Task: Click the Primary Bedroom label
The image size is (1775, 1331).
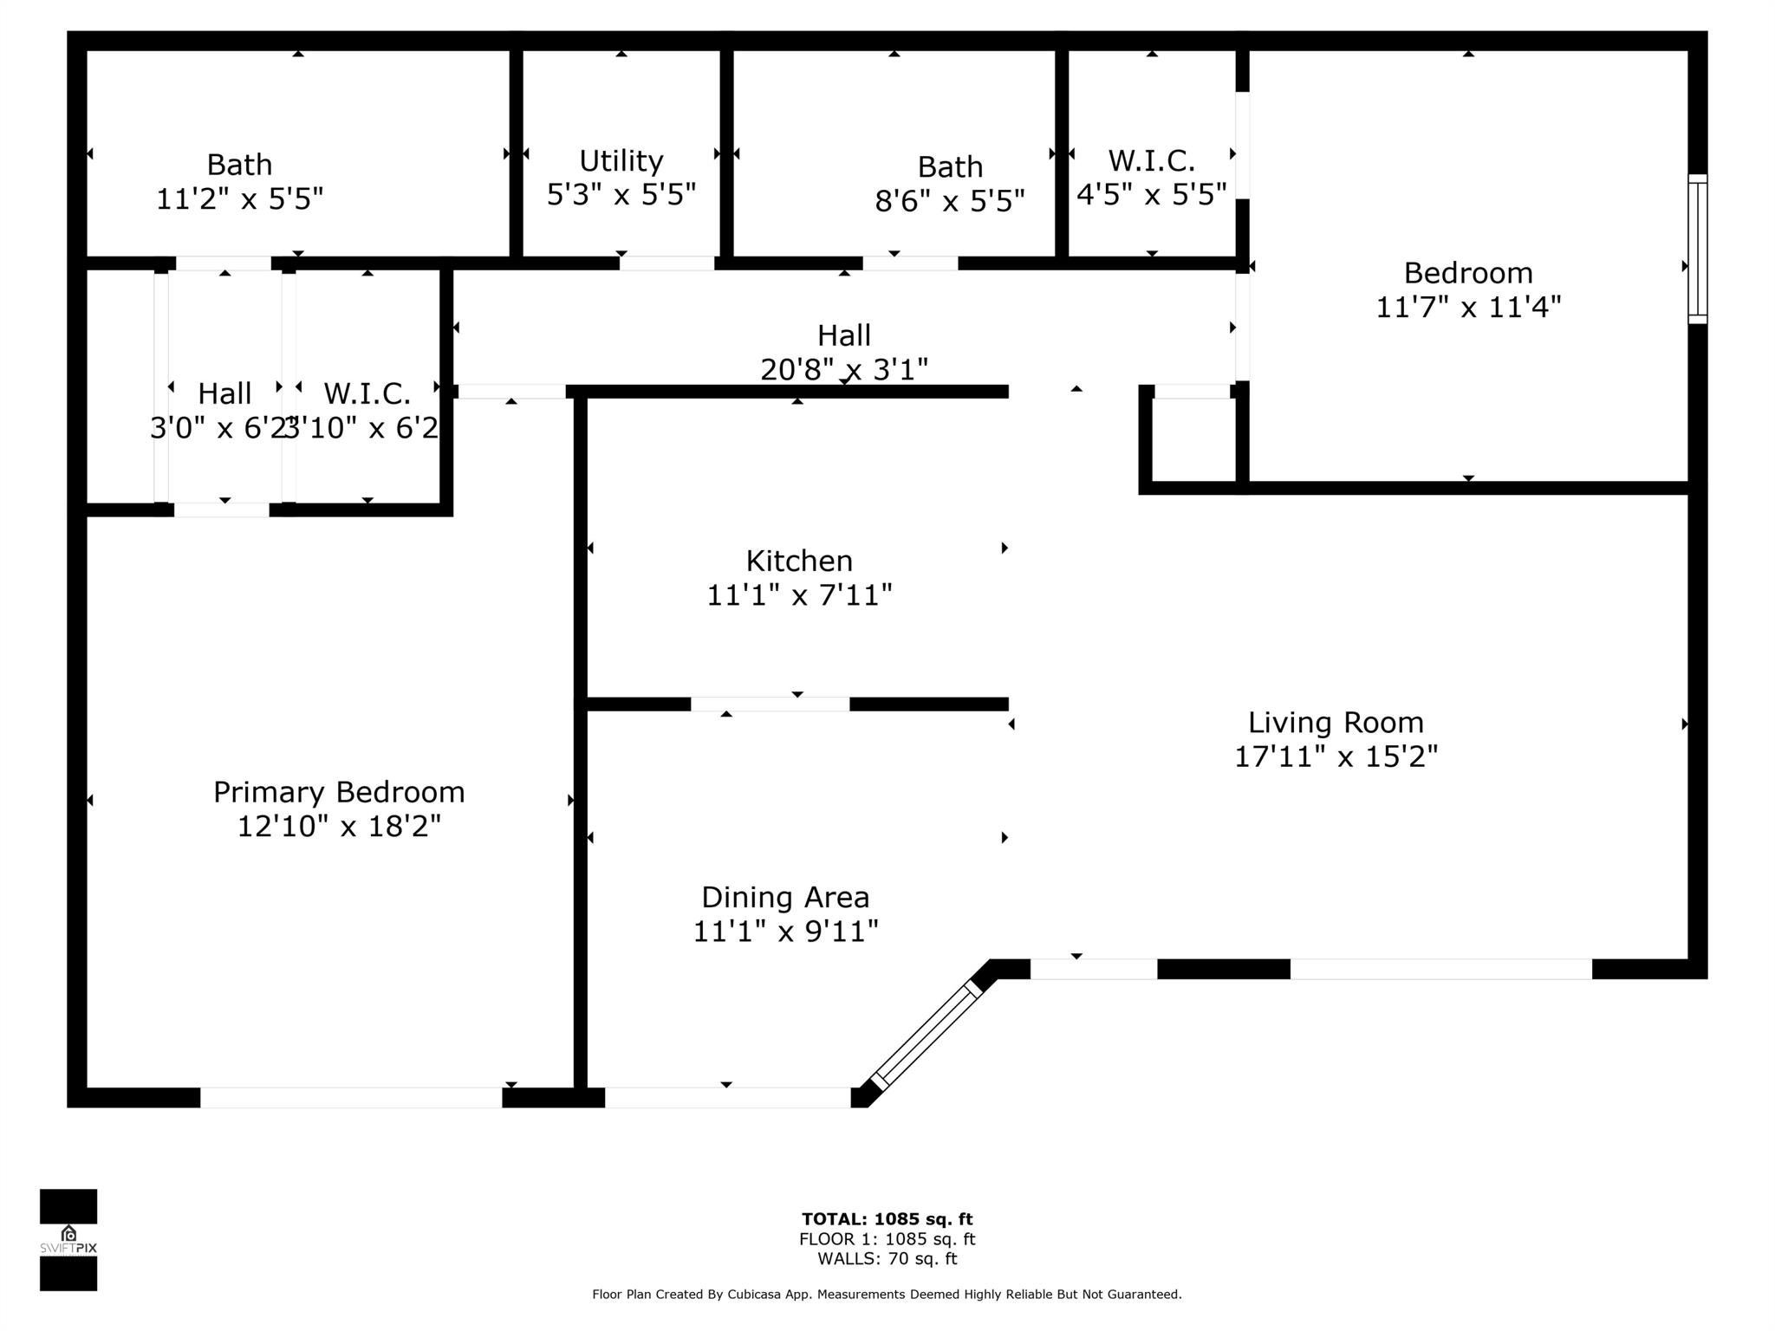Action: click(339, 792)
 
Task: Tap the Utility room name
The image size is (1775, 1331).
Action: click(621, 161)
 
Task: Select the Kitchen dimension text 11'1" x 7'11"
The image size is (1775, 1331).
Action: click(799, 595)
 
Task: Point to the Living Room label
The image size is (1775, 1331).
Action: click(1336, 722)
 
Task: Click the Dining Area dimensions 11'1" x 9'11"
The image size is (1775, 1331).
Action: click(785, 932)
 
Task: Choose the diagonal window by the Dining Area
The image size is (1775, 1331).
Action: click(926, 1036)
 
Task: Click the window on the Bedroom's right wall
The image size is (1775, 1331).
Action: click(1697, 250)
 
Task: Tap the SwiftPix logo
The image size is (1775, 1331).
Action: click(68, 1240)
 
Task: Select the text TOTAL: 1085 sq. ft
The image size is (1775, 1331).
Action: click(887, 1219)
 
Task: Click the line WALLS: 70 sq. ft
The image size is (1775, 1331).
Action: click(887, 1259)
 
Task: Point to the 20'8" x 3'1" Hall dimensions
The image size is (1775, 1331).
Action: click(843, 370)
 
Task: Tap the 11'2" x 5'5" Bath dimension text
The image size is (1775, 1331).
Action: click(239, 199)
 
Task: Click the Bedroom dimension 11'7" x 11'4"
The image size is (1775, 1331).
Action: click(1468, 307)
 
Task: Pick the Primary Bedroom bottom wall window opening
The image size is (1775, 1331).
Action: click(351, 1097)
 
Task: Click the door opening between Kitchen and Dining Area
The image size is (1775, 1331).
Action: click(770, 704)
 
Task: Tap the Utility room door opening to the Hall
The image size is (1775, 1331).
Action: click(666, 263)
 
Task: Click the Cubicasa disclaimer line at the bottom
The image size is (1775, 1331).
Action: click(887, 1295)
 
